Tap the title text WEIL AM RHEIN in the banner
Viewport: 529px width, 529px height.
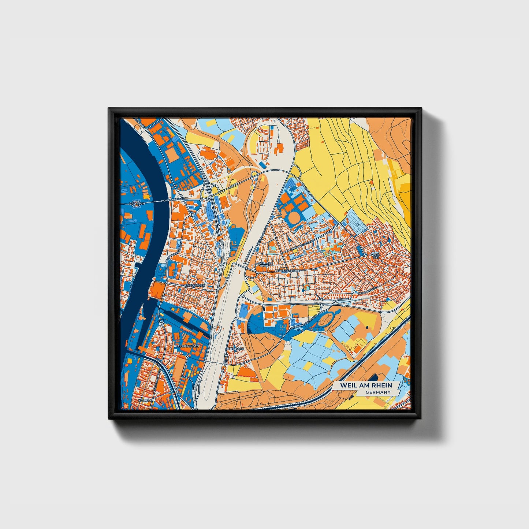(366, 385)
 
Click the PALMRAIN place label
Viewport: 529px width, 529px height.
(137, 202)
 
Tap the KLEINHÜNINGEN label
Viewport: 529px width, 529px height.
(186, 346)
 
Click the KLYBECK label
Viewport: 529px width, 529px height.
(145, 401)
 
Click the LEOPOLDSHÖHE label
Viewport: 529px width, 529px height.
(287, 271)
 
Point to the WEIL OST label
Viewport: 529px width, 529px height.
(375, 256)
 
